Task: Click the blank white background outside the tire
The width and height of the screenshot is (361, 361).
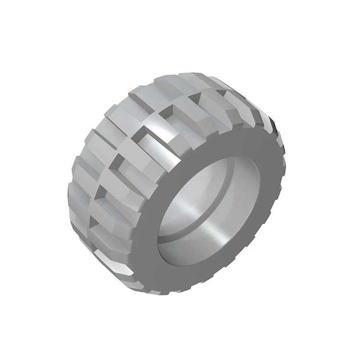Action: pyautogui.click(x=39, y=39)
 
